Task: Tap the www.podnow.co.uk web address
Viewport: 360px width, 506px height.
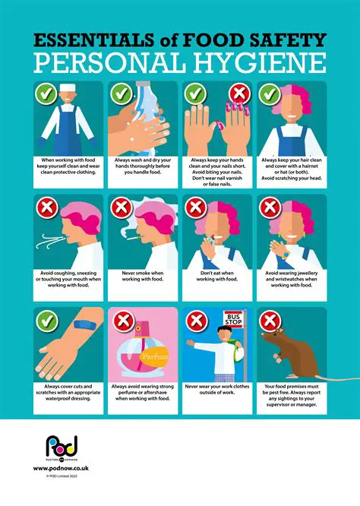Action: pyautogui.click(x=57, y=469)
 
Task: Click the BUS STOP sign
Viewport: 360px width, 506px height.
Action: pyautogui.click(x=234, y=318)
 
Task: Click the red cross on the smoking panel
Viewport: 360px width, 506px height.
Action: pyautogui.click(x=120, y=207)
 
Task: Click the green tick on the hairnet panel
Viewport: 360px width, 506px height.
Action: pyautogui.click(x=267, y=93)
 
